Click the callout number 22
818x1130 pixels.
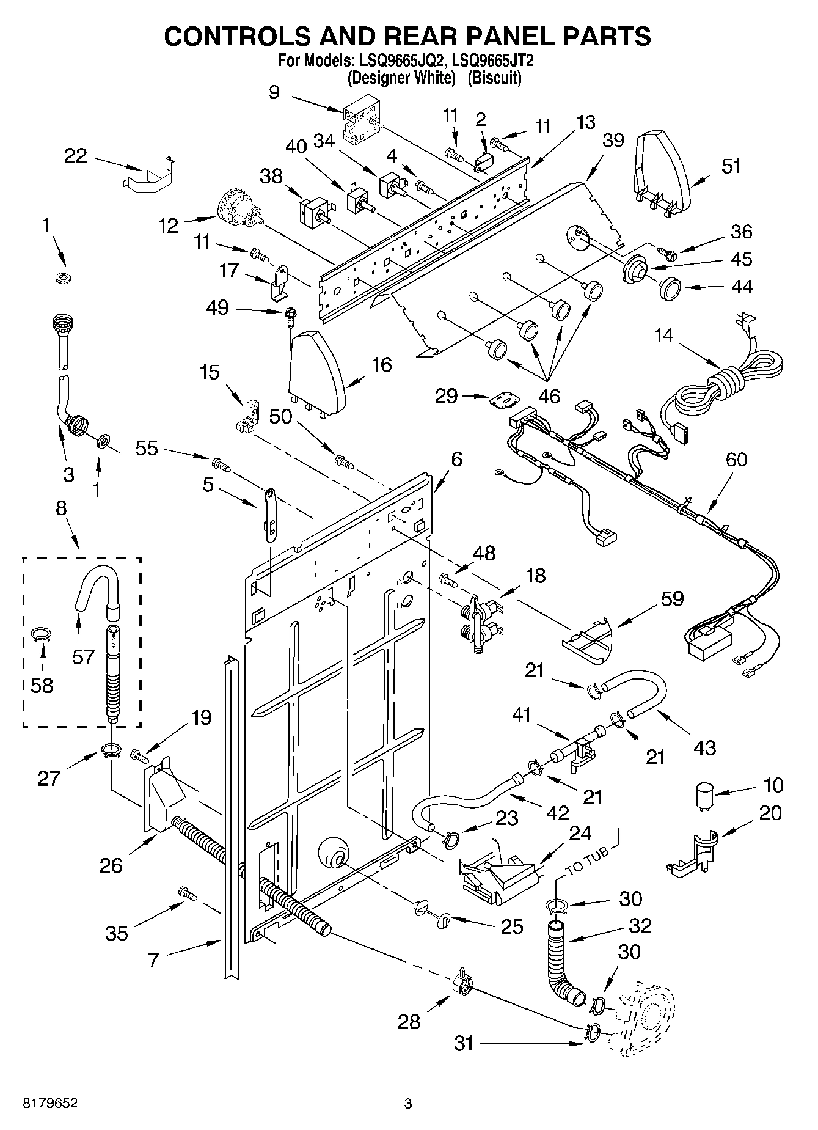[76, 156]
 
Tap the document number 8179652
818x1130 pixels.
[51, 1104]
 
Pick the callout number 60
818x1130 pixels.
[736, 459]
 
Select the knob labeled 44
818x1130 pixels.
[671, 287]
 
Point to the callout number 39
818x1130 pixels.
[613, 141]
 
